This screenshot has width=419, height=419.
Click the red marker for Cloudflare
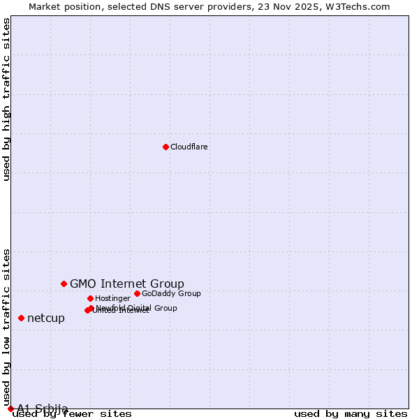click(166, 147)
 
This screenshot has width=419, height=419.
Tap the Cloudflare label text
click(189, 147)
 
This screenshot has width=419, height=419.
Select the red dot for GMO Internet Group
click(64, 284)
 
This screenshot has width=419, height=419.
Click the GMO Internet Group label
click(127, 284)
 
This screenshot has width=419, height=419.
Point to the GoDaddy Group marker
click(137, 293)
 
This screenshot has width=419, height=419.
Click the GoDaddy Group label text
click(171, 294)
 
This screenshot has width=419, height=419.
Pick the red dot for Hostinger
click(90, 298)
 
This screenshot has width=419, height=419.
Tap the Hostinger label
click(112, 299)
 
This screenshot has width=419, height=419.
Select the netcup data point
click(21, 318)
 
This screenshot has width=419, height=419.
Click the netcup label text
click(46, 318)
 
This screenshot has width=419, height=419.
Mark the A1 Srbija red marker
click(10, 409)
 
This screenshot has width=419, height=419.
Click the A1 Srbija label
click(43, 409)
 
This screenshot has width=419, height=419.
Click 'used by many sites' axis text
click(351, 414)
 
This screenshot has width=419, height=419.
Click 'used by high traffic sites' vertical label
click(6, 99)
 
